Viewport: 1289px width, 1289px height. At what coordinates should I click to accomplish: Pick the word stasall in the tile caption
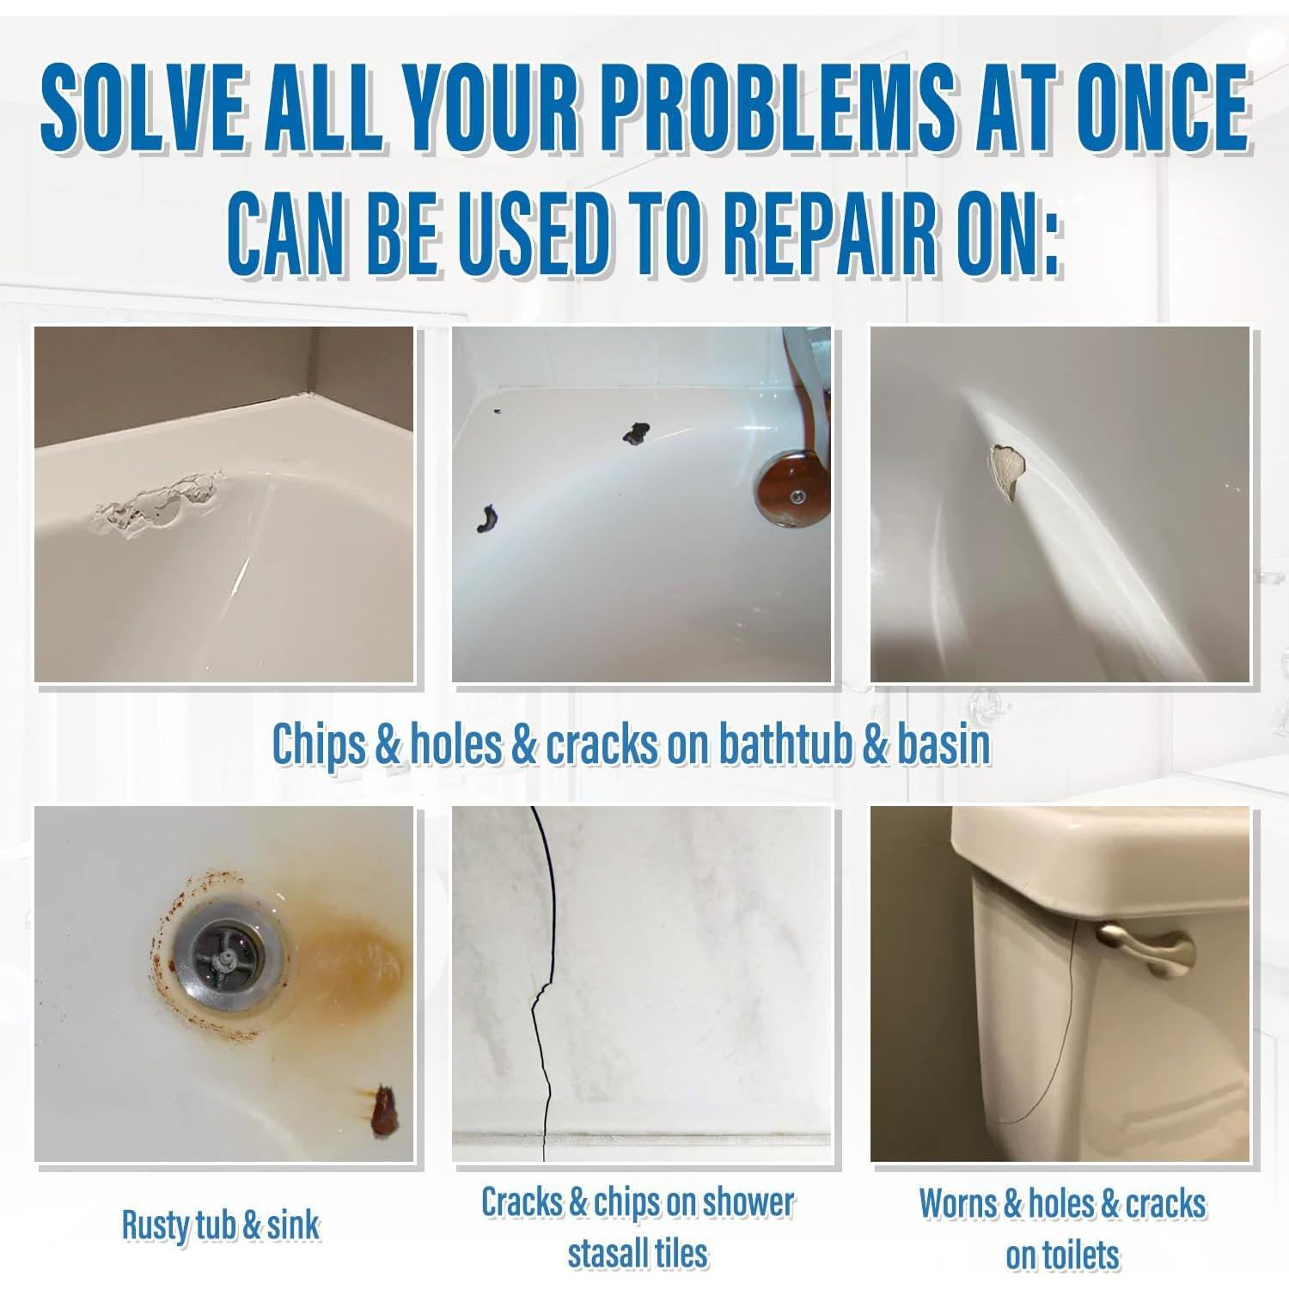(x=605, y=1254)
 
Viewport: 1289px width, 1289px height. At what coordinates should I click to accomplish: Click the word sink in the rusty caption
(x=293, y=1225)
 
